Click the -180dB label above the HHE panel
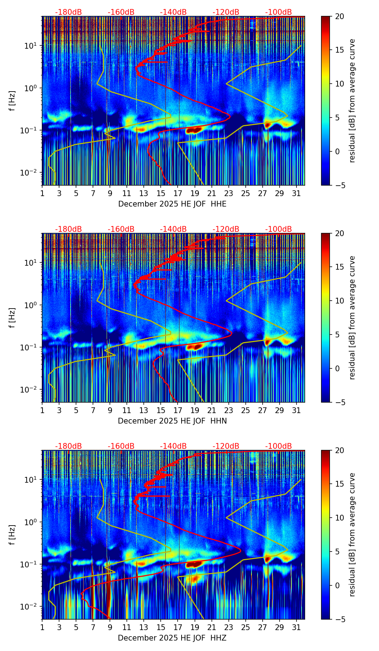click(x=68, y=12)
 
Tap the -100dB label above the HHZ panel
click(x=278, y=446)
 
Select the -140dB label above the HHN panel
click(x=173, y=229)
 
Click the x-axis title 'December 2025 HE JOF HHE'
click(x=172, y=204)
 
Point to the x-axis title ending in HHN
click(x=172, y=421)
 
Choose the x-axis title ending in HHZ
click(x=172, y=638)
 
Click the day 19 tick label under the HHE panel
click(x=195, y=194)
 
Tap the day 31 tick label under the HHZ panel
click(x=296, y=628)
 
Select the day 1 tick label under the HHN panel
click(x=43, y=411)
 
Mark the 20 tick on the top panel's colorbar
click(x=339, y=17)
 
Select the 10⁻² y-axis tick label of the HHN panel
click(x=31, y=390)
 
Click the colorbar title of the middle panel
click(x=352, y=318)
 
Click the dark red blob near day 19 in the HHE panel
click(x=194, y=130)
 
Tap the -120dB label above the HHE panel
click(x=226, y=12)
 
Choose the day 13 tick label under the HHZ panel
click(x=144, y=628)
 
